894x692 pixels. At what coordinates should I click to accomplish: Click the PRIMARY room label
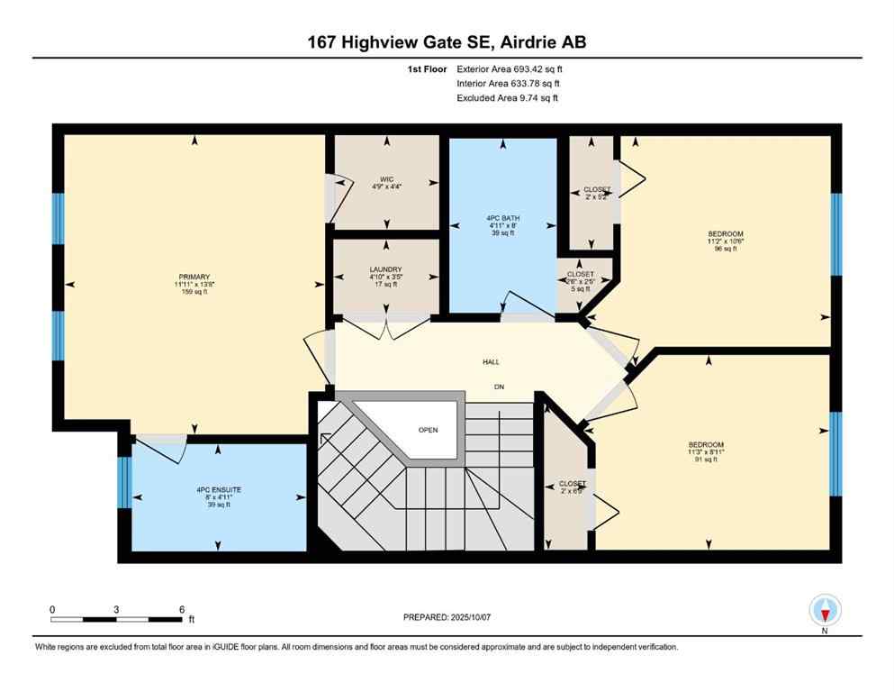point(194,277)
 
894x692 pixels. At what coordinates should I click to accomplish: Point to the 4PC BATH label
point(502,217)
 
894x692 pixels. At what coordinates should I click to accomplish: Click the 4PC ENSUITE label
point(219,489)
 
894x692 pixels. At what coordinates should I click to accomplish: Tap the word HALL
point(491,362)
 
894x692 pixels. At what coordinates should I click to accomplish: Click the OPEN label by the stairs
point(428,430)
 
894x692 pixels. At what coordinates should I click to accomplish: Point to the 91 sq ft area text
point(706,460)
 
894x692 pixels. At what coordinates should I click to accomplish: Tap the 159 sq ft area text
point(194,292)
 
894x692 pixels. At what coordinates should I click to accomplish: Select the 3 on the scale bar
point(117,610)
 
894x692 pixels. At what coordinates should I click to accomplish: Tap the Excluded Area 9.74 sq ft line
point(507,97)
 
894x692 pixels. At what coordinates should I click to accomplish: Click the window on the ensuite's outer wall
point(125,483)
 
